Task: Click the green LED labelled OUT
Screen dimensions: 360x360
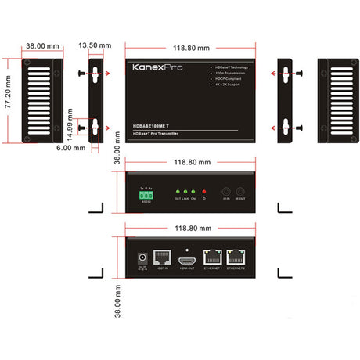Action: tap(178, 191)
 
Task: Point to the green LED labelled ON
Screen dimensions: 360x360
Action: tap(193, 191)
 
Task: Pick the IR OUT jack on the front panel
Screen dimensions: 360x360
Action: tap(241, 192)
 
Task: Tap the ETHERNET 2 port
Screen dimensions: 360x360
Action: tap(236, 257)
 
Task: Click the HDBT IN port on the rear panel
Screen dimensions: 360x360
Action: tap(162, 257)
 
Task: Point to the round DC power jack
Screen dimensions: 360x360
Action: tap(142, 258)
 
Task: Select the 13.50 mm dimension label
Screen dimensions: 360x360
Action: tap(95, 46)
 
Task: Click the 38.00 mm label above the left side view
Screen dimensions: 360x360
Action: tap(42, 46)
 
